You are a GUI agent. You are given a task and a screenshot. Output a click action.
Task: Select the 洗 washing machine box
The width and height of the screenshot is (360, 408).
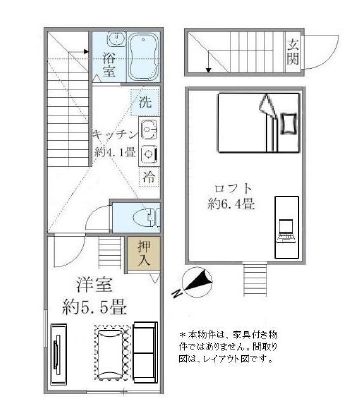coord(146,102)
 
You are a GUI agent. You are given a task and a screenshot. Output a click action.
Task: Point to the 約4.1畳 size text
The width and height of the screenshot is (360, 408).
coord(113,153)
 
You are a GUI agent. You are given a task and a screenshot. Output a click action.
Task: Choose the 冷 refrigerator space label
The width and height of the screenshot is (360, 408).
coord(147,177)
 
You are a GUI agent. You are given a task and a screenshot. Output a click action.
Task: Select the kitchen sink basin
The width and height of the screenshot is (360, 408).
coord(149,129)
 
